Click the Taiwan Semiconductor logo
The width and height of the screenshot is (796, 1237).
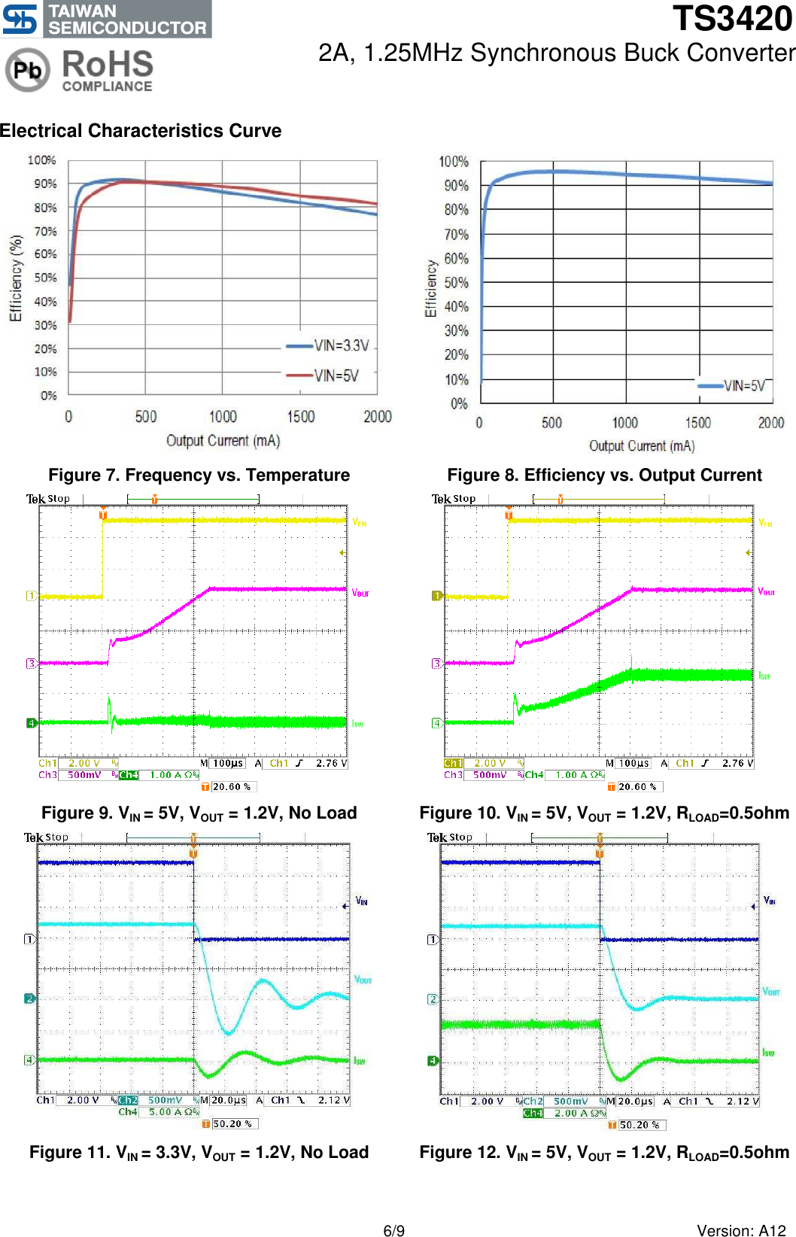pyautogui.click(x=105, y=19)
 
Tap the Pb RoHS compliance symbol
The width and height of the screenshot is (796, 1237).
pyautogui.click(x=28, y=70)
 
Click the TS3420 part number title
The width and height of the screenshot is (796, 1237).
pyautogui.click(x=731, y=18)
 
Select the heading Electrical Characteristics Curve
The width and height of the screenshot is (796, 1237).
pyautogui.click(x=141, y=131)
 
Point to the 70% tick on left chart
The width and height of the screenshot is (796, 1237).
pyautogui.click(x=45, y=231)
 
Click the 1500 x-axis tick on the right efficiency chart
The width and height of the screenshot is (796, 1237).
pyautogui.click(x=697, y=423)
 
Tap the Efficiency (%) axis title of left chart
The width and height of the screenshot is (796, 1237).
pyautogui.click(x=15, y=278)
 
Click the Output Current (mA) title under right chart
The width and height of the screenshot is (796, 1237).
pyautogui.click(x=641, y=446)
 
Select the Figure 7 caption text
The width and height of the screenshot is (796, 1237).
pyautogui.click(x=199, y=476)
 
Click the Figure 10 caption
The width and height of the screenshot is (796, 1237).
pyautogui.click(x=604, y=813)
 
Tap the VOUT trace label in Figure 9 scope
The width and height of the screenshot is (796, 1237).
pyautogui.click(x=360, y=593)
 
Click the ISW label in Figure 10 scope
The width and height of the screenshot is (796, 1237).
pyautogui.click(x=764, y=676)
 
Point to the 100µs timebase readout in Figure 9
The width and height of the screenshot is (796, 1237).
pyautogui.click(x=228, y=763)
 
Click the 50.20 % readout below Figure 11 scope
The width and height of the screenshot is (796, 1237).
pyautogui.click(x=231, y=1123)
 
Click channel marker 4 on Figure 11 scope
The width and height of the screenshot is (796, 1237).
pyautogui.click(x=29, y=1059)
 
